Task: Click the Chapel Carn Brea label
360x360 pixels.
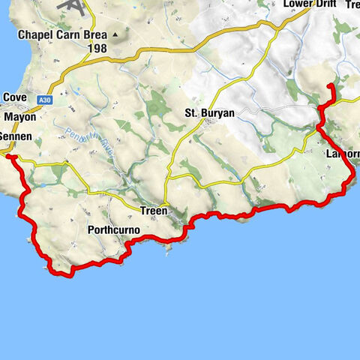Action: click(x=63, y=34)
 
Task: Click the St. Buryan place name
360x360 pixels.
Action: click(x=210, y=114)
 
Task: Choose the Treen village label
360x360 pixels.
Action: click(x=154, y=211)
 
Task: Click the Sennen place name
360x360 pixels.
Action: click(x=15, y=138)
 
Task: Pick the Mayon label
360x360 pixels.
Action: click(x=19, y=118)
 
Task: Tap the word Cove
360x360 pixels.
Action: click(x=15, y=97)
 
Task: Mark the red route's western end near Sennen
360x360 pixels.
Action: click(x=7, y=157)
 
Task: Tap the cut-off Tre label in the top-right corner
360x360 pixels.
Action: click(x=352, y=4)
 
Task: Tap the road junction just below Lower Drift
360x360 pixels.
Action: click(x=280, y=28)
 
